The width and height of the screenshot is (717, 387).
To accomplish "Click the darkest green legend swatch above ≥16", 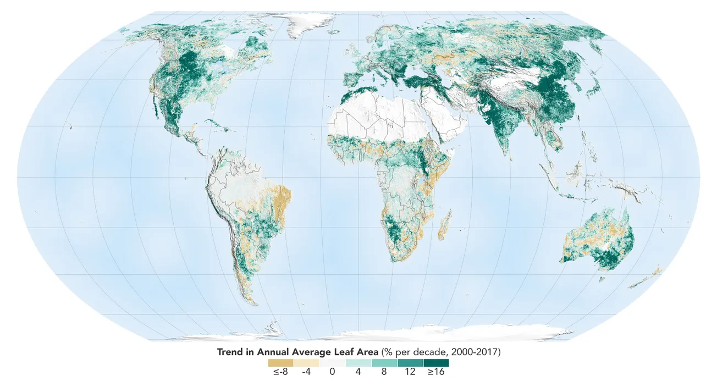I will (436, 363).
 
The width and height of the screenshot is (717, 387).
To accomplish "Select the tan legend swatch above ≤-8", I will (280, 363).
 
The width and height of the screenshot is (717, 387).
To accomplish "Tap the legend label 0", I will (332, 372).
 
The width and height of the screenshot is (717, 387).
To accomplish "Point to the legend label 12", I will (410, 372).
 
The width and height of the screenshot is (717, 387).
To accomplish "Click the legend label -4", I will (306, 372).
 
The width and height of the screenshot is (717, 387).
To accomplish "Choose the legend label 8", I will (384, 372).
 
